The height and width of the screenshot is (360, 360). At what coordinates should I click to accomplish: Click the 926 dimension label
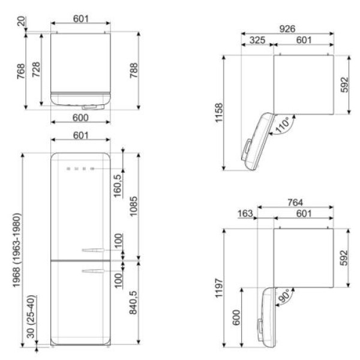287,29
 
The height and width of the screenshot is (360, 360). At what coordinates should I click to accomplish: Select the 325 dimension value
257,40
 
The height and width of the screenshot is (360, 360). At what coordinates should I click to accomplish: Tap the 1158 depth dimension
219,113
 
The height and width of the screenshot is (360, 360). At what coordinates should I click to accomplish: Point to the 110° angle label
283,125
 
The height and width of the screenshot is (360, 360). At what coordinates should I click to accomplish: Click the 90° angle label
284,296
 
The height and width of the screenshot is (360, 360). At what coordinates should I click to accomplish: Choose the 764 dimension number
295,203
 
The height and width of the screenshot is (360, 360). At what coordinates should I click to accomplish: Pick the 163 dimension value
245,214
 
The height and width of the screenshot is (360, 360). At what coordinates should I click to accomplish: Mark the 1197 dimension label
219,288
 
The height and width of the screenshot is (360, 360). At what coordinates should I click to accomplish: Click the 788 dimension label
134,70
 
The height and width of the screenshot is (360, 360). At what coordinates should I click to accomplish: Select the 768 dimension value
21,71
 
